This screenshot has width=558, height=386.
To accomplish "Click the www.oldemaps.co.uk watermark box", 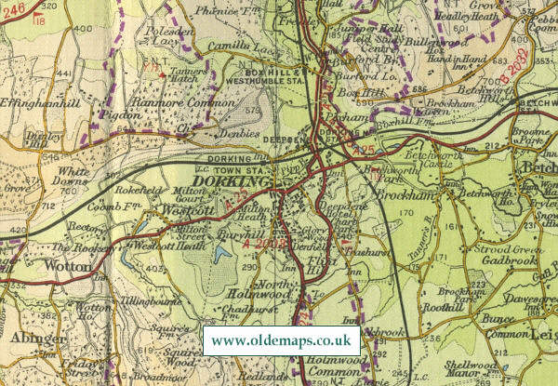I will pos(280,340).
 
